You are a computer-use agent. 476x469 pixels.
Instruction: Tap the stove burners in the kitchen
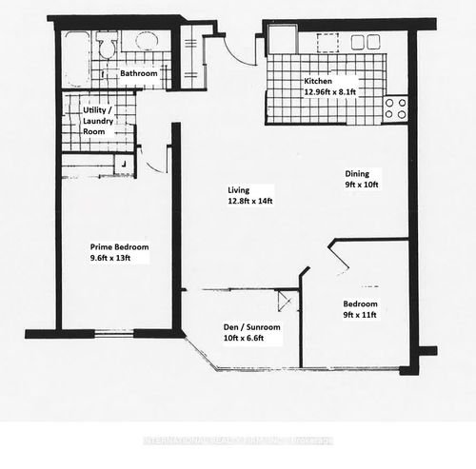[x=396, y=107]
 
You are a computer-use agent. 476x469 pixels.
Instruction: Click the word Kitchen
[x=318, y=82]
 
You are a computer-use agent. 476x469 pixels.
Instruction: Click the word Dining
[x=356, y=173]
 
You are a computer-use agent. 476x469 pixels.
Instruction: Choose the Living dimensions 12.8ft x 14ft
[x=249, y=201]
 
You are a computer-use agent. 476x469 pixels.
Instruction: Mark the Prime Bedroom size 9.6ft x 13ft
[x=117, y=258]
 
